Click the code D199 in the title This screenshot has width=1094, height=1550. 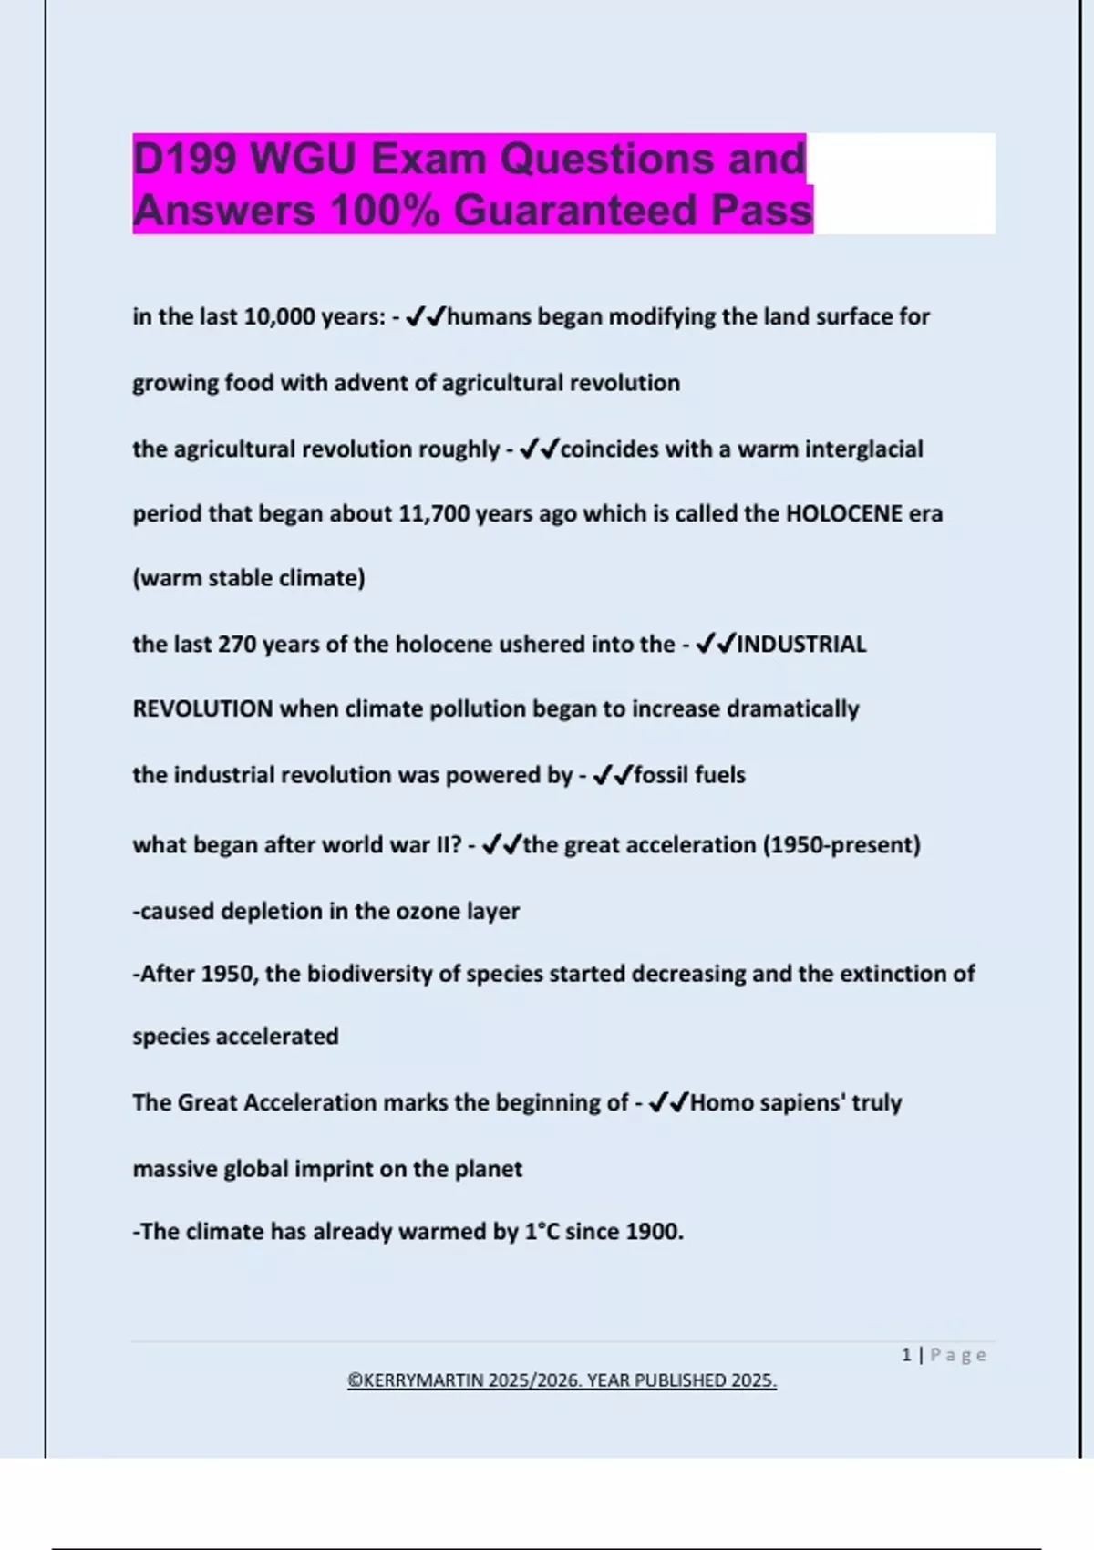point(185,159)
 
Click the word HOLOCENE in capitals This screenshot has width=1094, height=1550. point(843,513)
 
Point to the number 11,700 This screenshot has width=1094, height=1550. point(433,513)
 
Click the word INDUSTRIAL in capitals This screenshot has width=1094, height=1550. point(801,644)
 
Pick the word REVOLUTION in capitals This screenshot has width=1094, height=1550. point(202,708)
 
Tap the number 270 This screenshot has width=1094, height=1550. point(236,644)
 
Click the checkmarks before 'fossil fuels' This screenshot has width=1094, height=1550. point(612,775)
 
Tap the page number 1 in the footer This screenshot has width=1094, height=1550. point(906,1355)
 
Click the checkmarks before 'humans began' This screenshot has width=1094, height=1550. point(426,316)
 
